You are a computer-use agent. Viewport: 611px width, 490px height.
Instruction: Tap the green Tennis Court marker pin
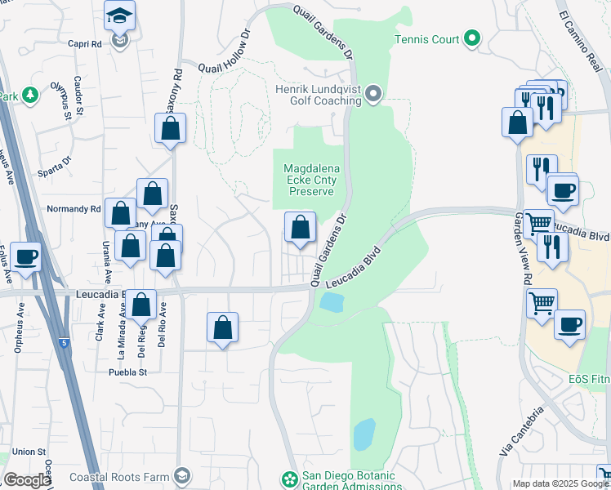click(x=471, y=38)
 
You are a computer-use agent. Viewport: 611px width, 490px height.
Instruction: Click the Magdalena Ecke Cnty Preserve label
click(x=309, y=180)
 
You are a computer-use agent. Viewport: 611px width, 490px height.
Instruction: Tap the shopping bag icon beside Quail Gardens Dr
click(x=301, y=227)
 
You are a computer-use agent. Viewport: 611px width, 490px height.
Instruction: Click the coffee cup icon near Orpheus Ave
click(x=25, y=256)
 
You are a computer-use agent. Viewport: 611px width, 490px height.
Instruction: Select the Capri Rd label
click(x=84, y=44)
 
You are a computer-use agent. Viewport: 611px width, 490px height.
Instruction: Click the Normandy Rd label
click(x=74, y=209)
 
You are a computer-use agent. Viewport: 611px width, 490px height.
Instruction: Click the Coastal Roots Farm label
click(x=119, y=477)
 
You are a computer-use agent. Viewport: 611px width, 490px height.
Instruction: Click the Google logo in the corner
click(x=27, y=480)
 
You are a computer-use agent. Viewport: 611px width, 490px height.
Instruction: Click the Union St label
click(x=29, y=452)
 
